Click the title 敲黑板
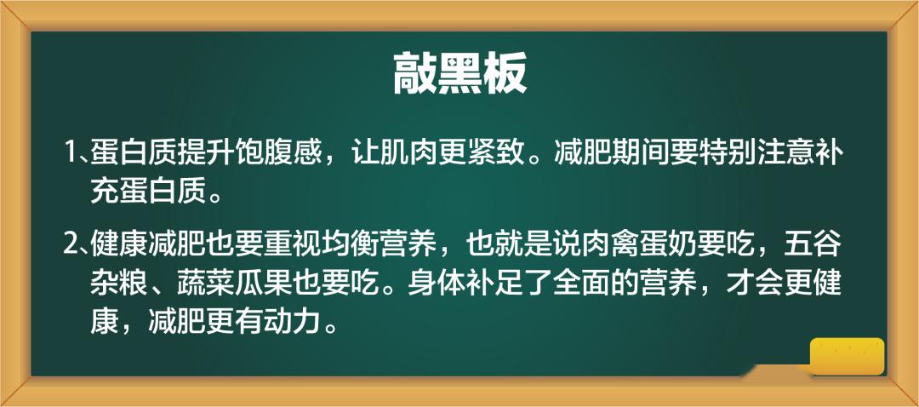(459, 73)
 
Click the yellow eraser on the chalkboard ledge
(847, 356)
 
